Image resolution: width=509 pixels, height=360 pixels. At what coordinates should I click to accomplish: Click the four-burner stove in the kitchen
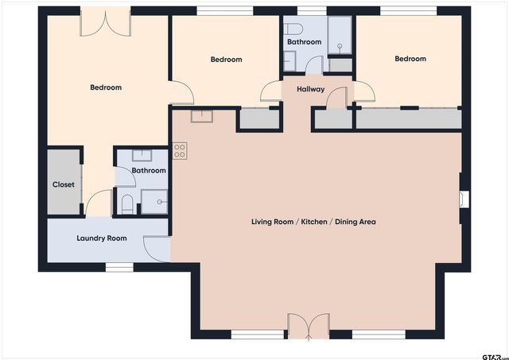click(x=179, y=149)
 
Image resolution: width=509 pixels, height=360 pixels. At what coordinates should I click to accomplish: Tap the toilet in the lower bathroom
click(x=127, y=204)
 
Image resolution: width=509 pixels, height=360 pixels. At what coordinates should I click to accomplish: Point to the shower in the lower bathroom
click(x=154, y=202)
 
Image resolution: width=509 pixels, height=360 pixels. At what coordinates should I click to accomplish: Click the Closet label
click(x=64, y=184)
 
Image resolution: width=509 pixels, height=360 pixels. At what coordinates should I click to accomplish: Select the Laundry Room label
click(x=101, y=238)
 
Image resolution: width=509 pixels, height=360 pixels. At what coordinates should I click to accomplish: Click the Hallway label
click(x=310, y=89)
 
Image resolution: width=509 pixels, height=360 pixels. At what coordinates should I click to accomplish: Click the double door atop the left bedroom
click(x=107, y=22)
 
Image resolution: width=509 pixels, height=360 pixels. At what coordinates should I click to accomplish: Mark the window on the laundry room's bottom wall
click(x=119, y=268)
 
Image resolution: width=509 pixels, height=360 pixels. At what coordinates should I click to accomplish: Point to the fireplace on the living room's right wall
click(x=464, y=199)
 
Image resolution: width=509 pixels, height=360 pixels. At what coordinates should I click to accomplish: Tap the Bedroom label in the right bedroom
click(x=410, y=59)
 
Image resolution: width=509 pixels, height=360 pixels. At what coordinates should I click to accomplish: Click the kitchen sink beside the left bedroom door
click(x=202, y=116)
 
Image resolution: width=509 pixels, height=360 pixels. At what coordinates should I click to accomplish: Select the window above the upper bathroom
click(x=306, y=11)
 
